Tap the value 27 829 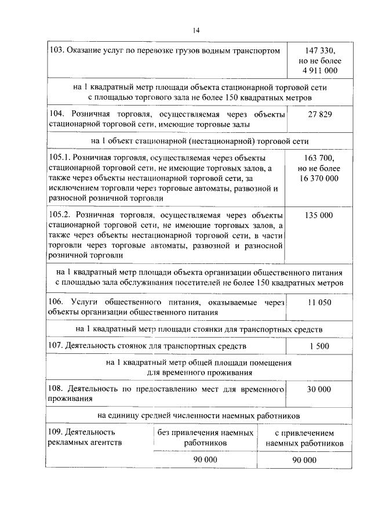tap(319, 114)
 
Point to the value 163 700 tap(318, 158)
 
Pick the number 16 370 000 tap(319, 178)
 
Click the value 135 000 tap(319, 215)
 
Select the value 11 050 tap(319, 302)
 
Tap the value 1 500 tap(319, 346)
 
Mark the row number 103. tap(56, 51)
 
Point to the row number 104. tap(57, 114)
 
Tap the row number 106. tap(57, 302)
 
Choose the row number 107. tap(56, 346)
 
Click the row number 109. tap(56, 432)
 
